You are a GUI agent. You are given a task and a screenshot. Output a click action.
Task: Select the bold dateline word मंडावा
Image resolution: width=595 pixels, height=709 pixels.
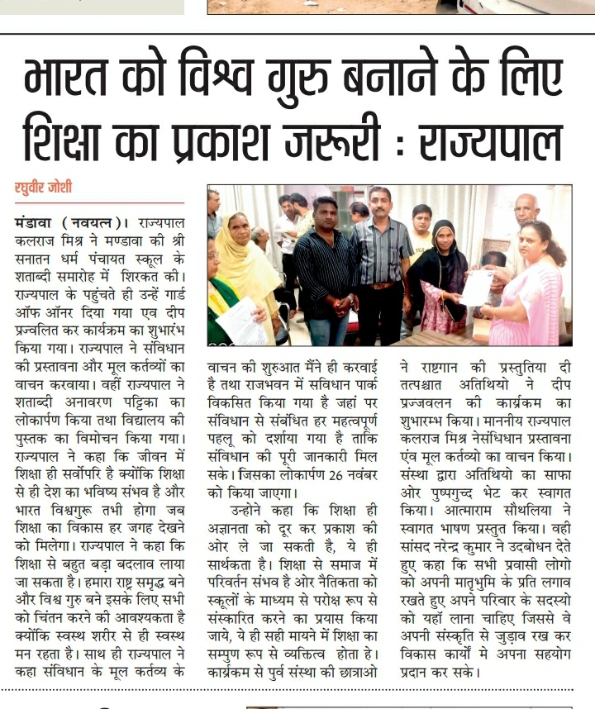click(x=35, y=221)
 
